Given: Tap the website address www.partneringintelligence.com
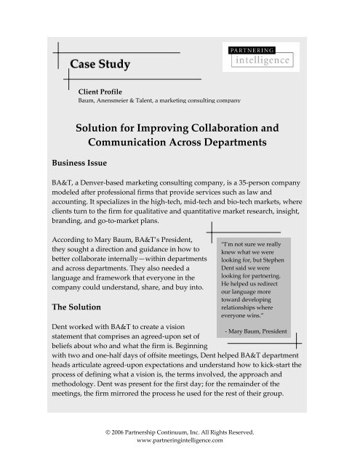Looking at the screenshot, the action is click(180, 440).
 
